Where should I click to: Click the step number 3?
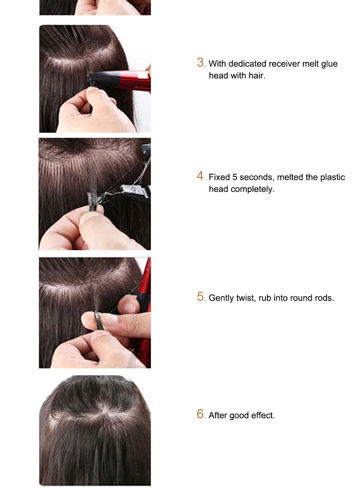click(200, 63)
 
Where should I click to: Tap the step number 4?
click(200, 176)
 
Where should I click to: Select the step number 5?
click(200, 297)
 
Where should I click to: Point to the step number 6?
click(200, 414)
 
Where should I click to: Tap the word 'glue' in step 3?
click(329, 64)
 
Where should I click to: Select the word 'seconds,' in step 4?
click(257, 177)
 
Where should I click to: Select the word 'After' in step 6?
click(218, 416)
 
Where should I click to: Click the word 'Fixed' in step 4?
click(219, 177)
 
